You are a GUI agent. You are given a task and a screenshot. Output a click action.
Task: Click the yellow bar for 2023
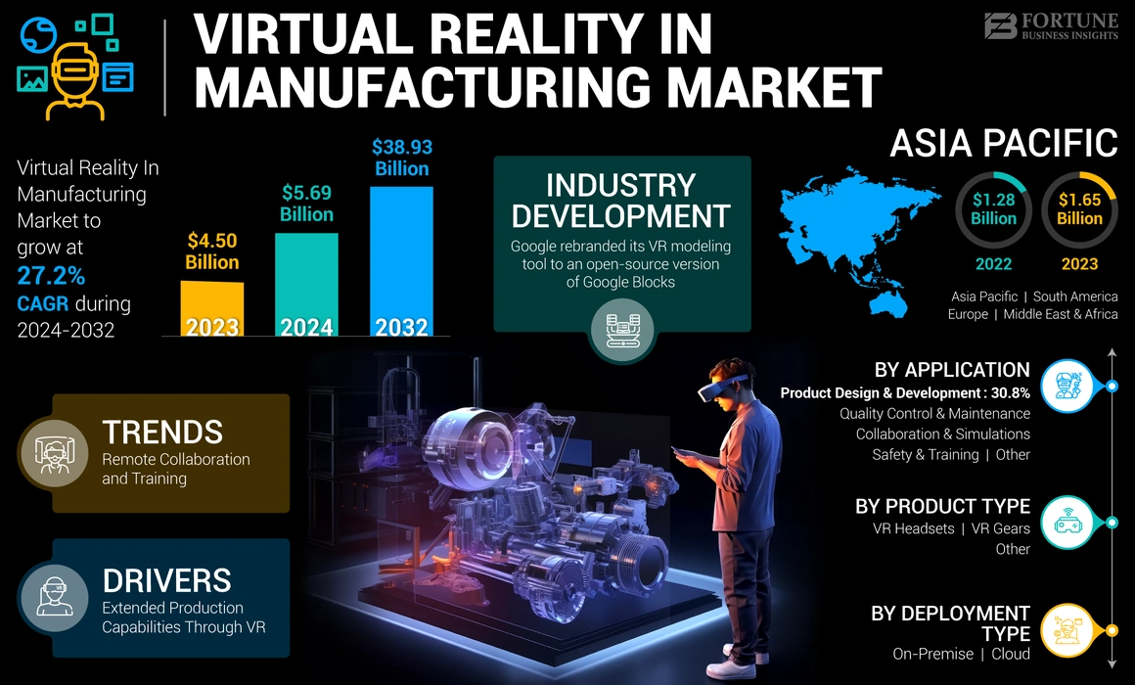(x=212, y=308)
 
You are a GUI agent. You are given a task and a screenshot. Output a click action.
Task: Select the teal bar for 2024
(x=306, y=284)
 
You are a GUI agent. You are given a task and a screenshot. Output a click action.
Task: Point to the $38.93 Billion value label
(x=401, y=158)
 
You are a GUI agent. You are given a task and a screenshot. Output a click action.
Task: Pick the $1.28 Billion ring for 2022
(x=993, y=209)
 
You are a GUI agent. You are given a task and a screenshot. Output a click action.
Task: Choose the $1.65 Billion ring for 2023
(x=1079, y=209)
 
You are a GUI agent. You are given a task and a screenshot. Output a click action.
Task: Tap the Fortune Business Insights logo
(x=1052, y=25)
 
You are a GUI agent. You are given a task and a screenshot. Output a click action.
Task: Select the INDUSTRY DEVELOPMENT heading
(x=621, y=201)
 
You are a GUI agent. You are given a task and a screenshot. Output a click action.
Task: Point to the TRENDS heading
(x=162, y=432)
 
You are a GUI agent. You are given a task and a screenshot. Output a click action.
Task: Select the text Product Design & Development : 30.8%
(x=904, y=392)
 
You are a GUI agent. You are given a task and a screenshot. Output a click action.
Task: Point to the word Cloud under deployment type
(x=1010, y=653)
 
